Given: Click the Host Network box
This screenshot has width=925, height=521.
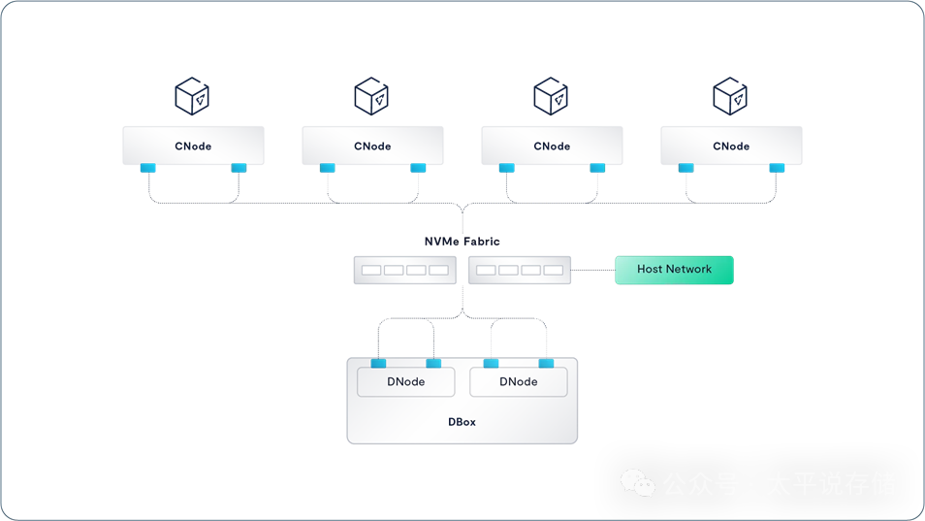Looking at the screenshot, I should coord(674,270).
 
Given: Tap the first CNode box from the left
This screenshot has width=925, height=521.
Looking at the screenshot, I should coord(193,146).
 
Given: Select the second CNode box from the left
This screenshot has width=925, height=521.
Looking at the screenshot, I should coord(372,146).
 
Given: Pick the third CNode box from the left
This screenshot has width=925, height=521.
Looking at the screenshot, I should coord(552,146).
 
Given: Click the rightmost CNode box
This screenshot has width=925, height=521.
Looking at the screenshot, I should coord(731,146).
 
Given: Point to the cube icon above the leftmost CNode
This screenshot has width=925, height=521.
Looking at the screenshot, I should coord(192,96).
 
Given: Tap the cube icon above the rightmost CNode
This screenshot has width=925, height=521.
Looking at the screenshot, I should coord(730,96).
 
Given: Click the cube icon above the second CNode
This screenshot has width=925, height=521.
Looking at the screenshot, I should coord(371,96).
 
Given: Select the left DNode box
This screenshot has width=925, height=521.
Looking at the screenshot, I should coord(405,382).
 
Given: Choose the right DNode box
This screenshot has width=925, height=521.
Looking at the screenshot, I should coord(518,382).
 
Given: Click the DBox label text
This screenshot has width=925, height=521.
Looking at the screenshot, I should coord(462,422).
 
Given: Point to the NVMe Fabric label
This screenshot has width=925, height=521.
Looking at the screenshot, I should coord(462,241).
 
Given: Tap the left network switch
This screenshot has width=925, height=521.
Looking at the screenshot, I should coord(404,270).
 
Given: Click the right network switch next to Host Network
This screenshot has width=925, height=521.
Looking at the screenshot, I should coord(520,270).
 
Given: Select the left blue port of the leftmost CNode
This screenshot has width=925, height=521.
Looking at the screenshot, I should coord(148,168).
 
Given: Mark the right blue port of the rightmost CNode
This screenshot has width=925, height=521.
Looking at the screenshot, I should coord(777,168).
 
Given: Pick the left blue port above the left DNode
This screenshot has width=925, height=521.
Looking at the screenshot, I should coord(378,364).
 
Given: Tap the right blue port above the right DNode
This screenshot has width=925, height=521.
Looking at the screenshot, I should coord(546,364).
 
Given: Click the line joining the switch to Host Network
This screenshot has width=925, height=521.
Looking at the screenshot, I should coord(592,270).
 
